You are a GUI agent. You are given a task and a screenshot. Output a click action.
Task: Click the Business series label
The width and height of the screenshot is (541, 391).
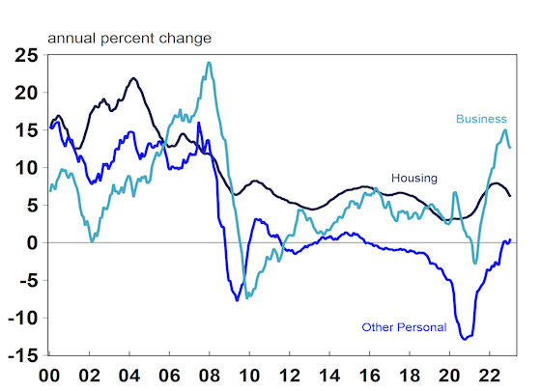pyautogui.click(x=481, y=119)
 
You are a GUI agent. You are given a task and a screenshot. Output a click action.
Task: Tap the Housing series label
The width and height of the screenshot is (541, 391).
pyautogui.click(x=414, y=178)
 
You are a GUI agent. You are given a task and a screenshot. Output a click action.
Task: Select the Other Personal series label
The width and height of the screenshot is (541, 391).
pyautogui.click(x=404, y=327)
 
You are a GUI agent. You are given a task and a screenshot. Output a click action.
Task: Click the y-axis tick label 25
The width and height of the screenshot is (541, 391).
pyautogui.click(x=26, y=55)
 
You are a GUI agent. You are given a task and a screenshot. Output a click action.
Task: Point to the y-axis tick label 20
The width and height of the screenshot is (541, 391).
pyautogui.click(x=26, y=93)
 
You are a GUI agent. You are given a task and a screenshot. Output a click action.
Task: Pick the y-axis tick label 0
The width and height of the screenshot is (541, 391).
pyautogui.click(x=32, y=243)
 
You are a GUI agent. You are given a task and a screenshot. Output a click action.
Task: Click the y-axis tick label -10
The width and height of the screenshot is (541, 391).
pyautogui.click(x=23, y=318)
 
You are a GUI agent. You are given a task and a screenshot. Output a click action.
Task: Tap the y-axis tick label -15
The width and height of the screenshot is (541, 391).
pyautogui.click(x=23, y=355)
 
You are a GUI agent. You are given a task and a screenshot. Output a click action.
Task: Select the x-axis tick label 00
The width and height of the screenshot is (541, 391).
pyautogui.click(x=49, y=376)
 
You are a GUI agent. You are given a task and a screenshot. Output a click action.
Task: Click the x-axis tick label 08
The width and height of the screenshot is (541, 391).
pyautogui.click(x=210, y=376)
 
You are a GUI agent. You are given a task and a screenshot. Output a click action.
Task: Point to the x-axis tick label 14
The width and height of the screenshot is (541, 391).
pyautogui.click(x=329, y=376)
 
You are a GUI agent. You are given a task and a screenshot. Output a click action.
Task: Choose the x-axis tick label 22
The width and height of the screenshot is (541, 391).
pyautogui.click(x=490, y=376)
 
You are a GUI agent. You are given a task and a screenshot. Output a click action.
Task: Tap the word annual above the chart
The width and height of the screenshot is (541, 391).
pyautogui.click(x=72, y=38)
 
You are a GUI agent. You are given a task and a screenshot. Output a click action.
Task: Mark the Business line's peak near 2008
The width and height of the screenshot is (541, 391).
pyautogui.click(x=209, y=63)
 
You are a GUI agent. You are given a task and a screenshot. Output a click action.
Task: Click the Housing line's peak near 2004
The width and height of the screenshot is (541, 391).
pyautogui.click(x=134, y=78)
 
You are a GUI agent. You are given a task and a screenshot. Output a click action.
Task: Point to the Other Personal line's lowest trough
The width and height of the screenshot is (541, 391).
pyautogui.click(x=465, y=339)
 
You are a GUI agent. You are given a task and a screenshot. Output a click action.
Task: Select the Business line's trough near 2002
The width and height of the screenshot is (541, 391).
pyautogui.click(x=92, y=241)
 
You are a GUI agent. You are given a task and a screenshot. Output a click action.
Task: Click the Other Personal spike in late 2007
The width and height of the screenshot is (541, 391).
pyautogui.click(x=199, y=123)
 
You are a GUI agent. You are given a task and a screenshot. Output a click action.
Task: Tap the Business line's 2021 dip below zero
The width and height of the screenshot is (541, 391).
pyautogui.click(x=475, y=263)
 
